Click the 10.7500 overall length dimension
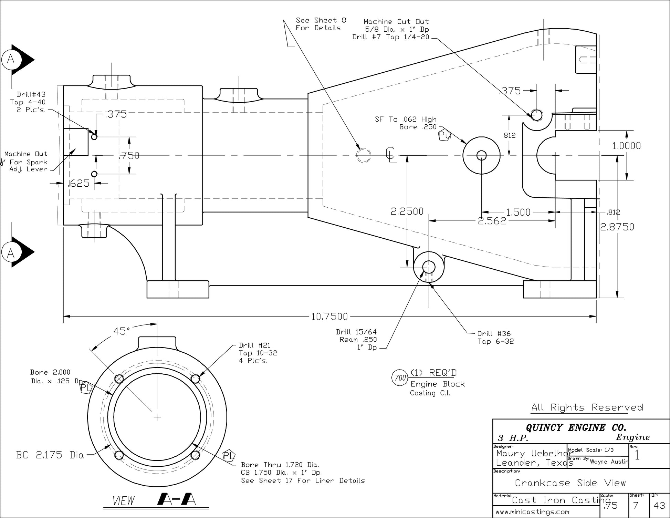329,316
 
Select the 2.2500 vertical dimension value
407,211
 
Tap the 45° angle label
122,331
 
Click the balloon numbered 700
400,378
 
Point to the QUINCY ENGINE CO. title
576,428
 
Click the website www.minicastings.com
532,512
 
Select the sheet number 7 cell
636,506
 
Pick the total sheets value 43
659,506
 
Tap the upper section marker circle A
11,60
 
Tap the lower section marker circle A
11,253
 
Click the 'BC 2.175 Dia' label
50,455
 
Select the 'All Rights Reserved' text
587,407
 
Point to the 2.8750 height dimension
617,227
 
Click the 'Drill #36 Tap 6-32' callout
495,338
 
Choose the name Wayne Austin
609,462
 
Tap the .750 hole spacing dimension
129,156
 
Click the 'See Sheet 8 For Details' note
321,24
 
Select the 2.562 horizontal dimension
492,221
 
